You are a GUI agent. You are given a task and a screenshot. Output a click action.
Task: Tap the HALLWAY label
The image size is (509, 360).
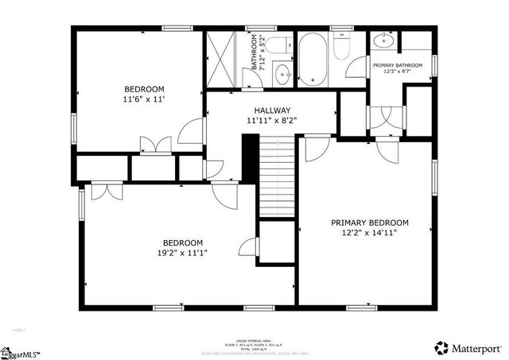(273, 110)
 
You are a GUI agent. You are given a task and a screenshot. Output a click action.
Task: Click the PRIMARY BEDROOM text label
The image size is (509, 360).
(370, 223)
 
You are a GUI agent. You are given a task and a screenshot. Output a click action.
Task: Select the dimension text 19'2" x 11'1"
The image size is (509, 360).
(183, 254)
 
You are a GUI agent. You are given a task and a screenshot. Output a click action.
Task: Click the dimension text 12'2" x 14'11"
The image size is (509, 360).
(370, 233)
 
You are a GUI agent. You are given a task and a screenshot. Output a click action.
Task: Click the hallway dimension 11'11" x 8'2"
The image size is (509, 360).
(273, 121)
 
